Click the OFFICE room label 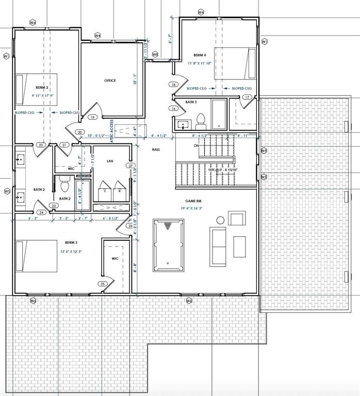tap(110, 80)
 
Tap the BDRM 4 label tap(200, 55)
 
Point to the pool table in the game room tap(168, 245)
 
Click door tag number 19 tap(93, 118)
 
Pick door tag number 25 tap(103, 284)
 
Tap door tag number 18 tap(174, 85)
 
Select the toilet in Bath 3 tap(201, 122)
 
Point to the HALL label tap(156, 150)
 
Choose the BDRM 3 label tap(71, 242)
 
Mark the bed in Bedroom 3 tap(36, 256)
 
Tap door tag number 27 tap(130, 166)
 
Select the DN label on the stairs tap(196, 146)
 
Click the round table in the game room tap(220, 220)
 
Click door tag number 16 tap(174, 108)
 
